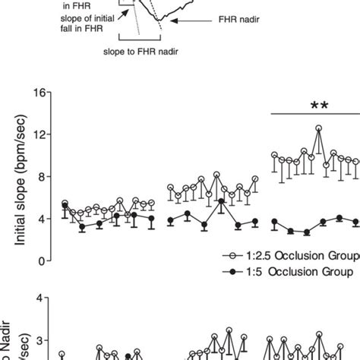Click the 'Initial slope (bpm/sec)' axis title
click(x=18, y=176)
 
